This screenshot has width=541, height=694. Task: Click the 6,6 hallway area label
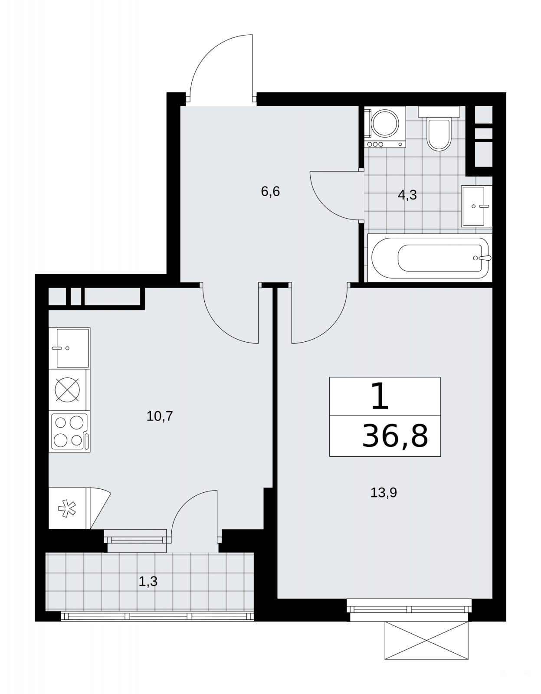point(270,192)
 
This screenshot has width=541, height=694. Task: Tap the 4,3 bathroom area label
point(407,195)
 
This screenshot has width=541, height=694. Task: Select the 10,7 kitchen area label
point(159,416)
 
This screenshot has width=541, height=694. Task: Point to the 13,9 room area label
point(384,493)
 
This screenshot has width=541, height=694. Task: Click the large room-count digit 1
point(380,396)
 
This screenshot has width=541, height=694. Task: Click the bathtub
point(430,258)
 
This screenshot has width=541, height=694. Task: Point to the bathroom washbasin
point(476,206)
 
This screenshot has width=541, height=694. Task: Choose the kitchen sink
point(69,348)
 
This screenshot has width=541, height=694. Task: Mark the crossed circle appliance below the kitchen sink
point(67,390)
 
